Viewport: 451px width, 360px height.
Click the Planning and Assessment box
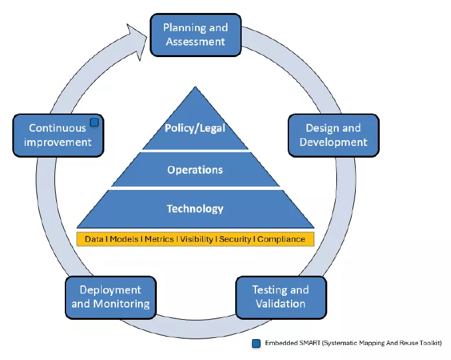(x=195, y=35)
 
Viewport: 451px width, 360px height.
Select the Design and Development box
(x=333, y=135)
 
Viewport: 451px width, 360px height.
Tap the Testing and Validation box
(x=280, y=296)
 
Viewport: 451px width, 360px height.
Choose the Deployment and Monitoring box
(x=110, y=296)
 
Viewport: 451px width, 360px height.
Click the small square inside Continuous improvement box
(x=94, y=122)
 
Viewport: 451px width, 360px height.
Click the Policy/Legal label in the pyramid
(x=195, y=128)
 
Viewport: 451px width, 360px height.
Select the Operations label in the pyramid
(x=195, y=170)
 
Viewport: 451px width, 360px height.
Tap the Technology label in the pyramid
(x=195, y=209)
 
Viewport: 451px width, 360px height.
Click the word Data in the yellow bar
(x=95, y=239)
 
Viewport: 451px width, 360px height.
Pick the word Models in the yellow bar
(x=124, y=239)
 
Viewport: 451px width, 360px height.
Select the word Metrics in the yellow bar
(x=159, y=239)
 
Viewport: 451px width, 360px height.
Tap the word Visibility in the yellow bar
(x=196, y=239)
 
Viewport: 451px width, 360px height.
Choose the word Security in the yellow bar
(x=235, y=239)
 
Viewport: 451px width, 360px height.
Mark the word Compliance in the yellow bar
(x=281, y=239)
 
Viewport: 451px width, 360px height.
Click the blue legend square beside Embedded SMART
(x=257, y=343)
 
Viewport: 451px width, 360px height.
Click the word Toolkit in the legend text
(x=430, y=343)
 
